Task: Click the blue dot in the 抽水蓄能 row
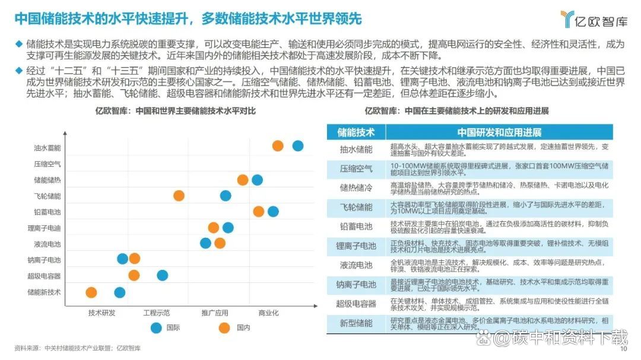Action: tap(298, 146)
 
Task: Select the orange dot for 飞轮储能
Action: tap(179, 196)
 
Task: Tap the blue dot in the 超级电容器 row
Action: tap(162, 275)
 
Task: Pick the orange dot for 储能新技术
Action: tap(91, 292)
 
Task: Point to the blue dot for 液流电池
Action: tap(205, 243)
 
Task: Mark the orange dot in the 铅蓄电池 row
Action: tap(259, 211)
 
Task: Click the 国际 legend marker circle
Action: tap(157, 327)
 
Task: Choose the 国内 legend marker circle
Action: tap(224, 327)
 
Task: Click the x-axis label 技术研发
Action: tap(101, 313)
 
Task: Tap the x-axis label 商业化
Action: tap(268, 313)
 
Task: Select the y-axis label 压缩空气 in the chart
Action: tap(47, 164)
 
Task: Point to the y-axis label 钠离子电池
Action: tap(45, 260)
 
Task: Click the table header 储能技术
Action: tap(356, 132)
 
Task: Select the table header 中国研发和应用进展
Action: tap(499, 132)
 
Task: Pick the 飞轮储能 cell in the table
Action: tap(356, 207)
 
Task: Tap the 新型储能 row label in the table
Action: tap(356, 323)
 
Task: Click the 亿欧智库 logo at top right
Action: tap(594, 20)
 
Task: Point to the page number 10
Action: tap(623, 349)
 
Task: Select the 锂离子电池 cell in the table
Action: tap(356, 246)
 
